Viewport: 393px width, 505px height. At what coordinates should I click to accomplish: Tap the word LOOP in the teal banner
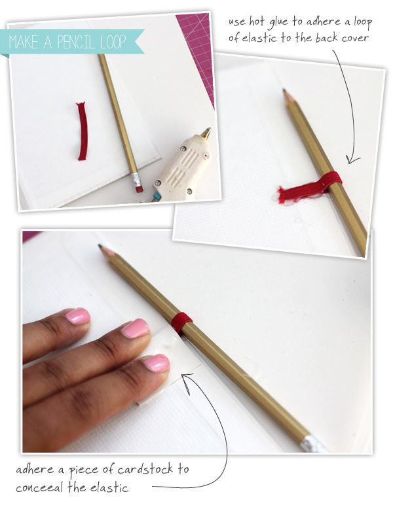coord(113,42)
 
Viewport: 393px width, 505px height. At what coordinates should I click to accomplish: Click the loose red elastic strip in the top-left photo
coord(83,131)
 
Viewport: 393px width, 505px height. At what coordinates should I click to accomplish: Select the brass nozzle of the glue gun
coord(206,132)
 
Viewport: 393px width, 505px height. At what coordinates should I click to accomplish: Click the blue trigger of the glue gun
coord(156,197)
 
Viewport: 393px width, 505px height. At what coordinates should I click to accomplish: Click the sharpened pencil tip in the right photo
coord(285,92)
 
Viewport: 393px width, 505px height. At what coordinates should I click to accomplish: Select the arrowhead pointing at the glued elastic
coord(352,160)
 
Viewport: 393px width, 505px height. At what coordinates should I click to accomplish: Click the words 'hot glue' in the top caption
coord(269,22)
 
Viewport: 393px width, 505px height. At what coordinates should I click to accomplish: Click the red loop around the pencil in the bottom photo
coord(181,322)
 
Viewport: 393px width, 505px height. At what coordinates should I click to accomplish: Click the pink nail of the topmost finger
coord(78,315)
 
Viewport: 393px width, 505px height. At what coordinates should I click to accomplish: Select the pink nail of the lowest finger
coord(157,363)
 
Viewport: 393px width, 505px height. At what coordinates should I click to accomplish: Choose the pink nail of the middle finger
coord(135,328)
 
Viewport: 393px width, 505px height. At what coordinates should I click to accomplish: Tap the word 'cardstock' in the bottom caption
coord(145,469)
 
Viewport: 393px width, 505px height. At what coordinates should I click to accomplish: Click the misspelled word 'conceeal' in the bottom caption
coord(39,487)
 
